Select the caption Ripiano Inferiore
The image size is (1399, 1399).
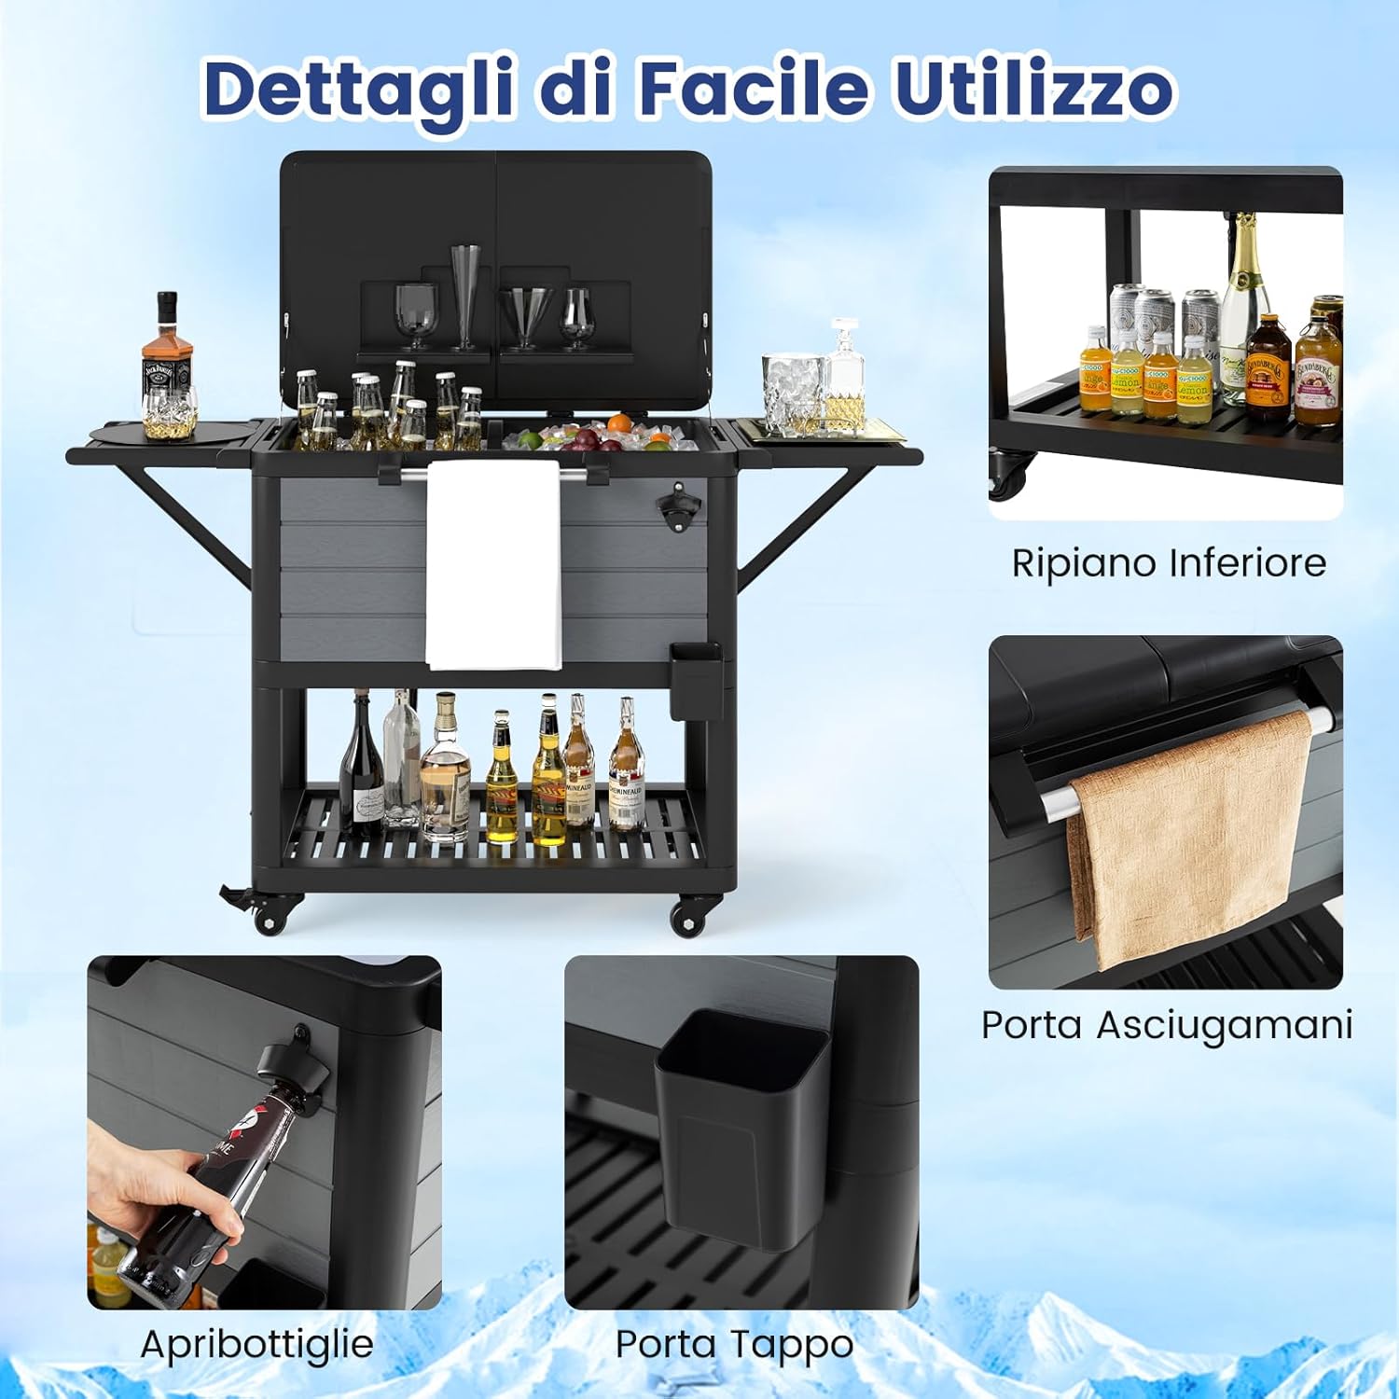click(x=1169, y=563)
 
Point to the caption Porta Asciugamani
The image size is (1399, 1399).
click(x=1166, y=1025)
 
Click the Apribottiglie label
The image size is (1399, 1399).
click(x=256, y=1344)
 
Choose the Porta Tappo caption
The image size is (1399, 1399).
click(x=734, y=1344)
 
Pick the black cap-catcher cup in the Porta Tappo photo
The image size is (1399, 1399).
click(x=741, y=1129)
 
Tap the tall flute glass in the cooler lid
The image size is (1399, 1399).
click(x=464, y=294)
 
